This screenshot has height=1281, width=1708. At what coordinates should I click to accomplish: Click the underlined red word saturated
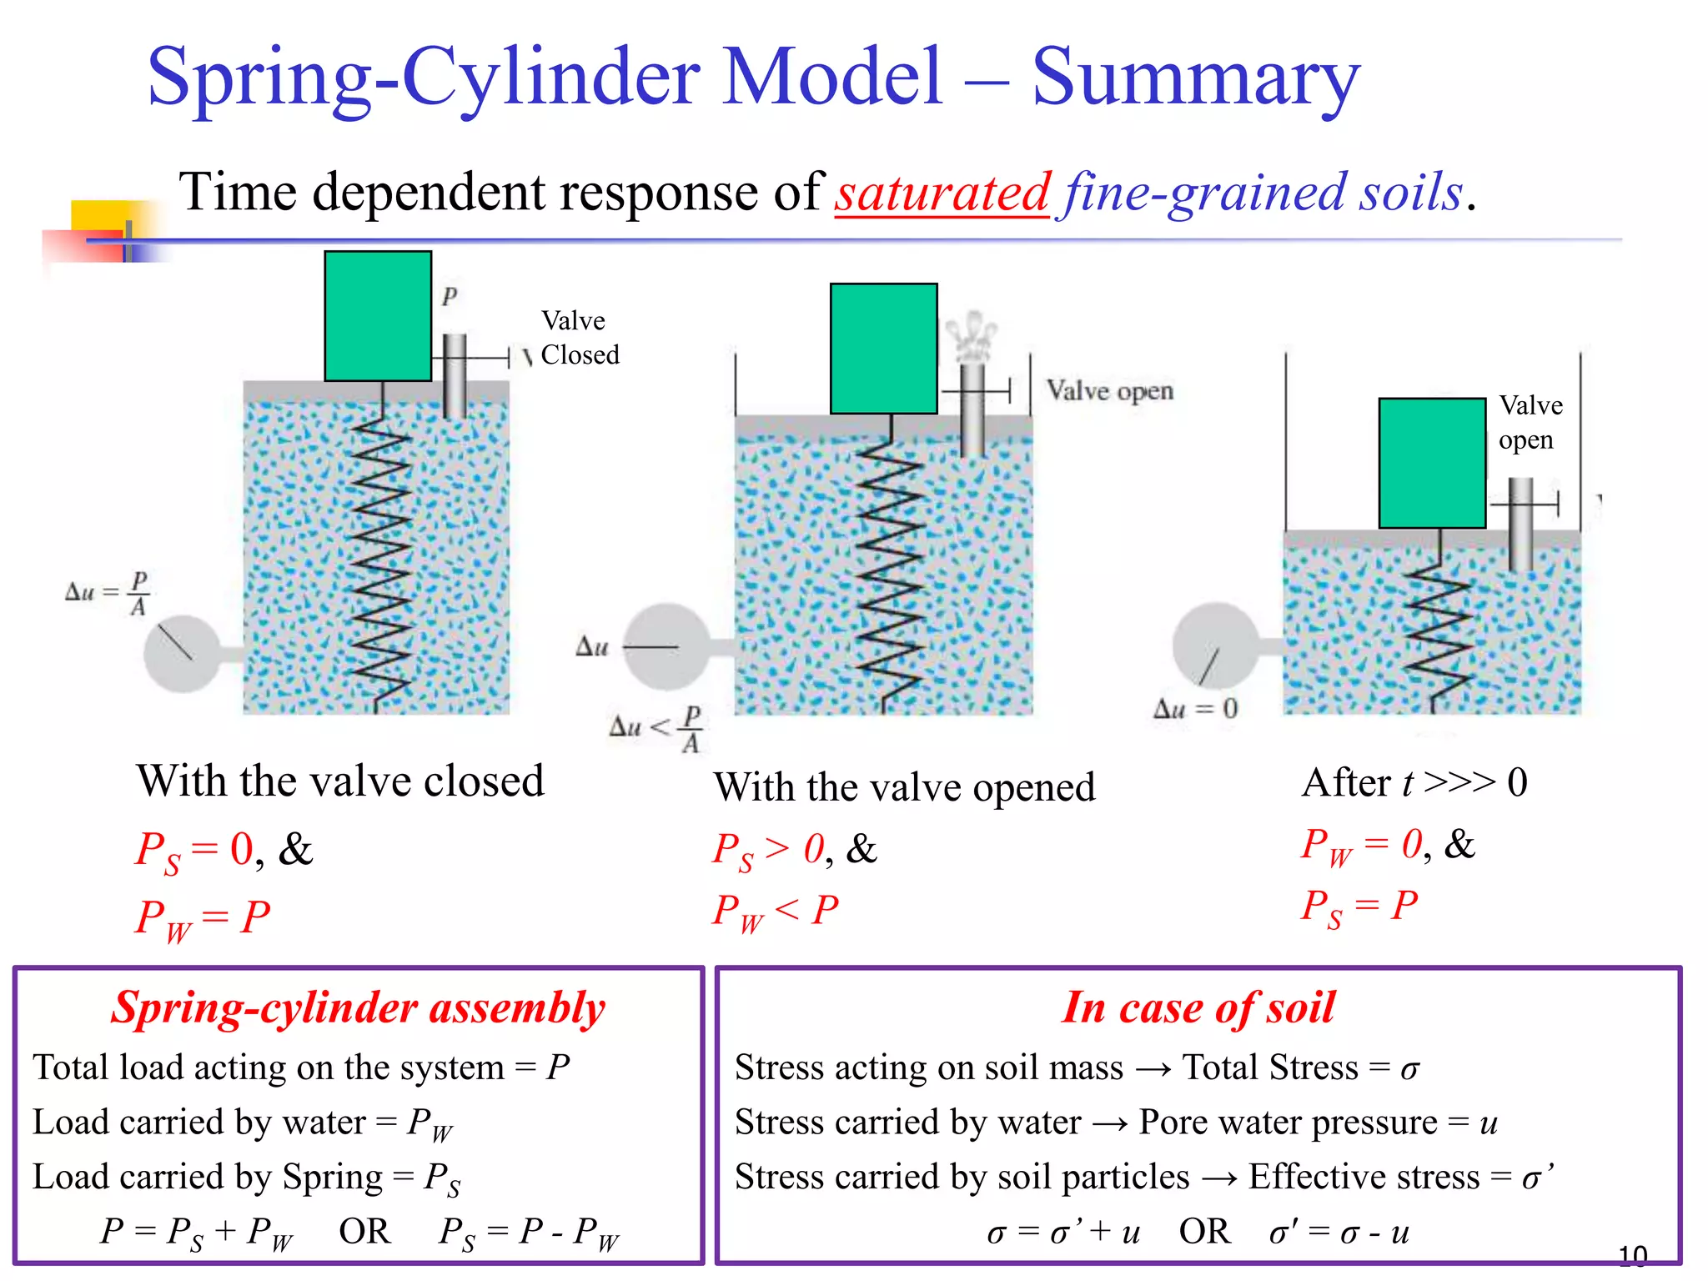942,193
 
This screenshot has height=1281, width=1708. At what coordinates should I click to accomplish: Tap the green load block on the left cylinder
378,316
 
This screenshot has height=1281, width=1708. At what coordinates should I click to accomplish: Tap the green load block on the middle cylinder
883,349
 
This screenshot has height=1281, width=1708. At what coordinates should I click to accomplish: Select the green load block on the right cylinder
1432,463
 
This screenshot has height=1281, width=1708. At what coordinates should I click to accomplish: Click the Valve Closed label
580,338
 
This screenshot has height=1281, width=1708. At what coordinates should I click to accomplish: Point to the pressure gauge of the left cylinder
182,654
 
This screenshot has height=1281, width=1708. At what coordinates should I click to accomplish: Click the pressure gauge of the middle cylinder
667,647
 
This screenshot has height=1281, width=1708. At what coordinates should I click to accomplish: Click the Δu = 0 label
1195,710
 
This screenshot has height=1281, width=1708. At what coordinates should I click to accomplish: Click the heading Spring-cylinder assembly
359,1007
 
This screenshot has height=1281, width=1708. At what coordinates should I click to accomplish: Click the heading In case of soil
1198,1007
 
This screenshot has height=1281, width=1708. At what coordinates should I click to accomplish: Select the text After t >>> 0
1414,783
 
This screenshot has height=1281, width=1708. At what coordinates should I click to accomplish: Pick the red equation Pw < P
775,911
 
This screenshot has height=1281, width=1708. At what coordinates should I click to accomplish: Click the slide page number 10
1632,1255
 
